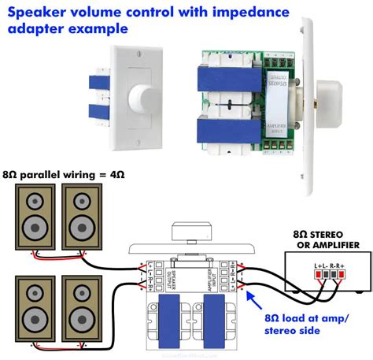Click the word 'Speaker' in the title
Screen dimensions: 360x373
tap(37, 11)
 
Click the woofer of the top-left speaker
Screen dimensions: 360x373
tap(36, 228)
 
